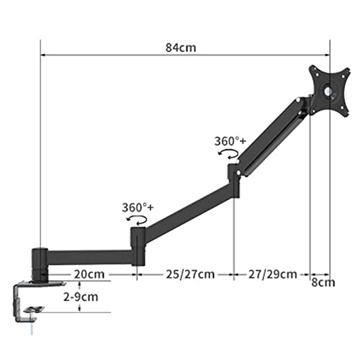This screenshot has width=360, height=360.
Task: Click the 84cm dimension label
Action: (181, 48)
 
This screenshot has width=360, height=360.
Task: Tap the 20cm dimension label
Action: (89, 274)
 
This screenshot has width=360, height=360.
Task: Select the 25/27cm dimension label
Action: (190, 274)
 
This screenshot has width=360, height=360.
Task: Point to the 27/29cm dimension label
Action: (273, 274)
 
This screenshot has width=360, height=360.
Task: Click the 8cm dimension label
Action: (323, 282)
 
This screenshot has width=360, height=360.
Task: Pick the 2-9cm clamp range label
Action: (81, 297)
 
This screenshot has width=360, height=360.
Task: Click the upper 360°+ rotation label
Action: (230, 141)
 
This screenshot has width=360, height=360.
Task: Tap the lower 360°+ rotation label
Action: (138, 207)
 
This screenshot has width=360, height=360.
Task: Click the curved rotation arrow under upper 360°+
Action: (228, 154)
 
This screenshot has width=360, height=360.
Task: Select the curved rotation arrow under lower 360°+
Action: (137, 220)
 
